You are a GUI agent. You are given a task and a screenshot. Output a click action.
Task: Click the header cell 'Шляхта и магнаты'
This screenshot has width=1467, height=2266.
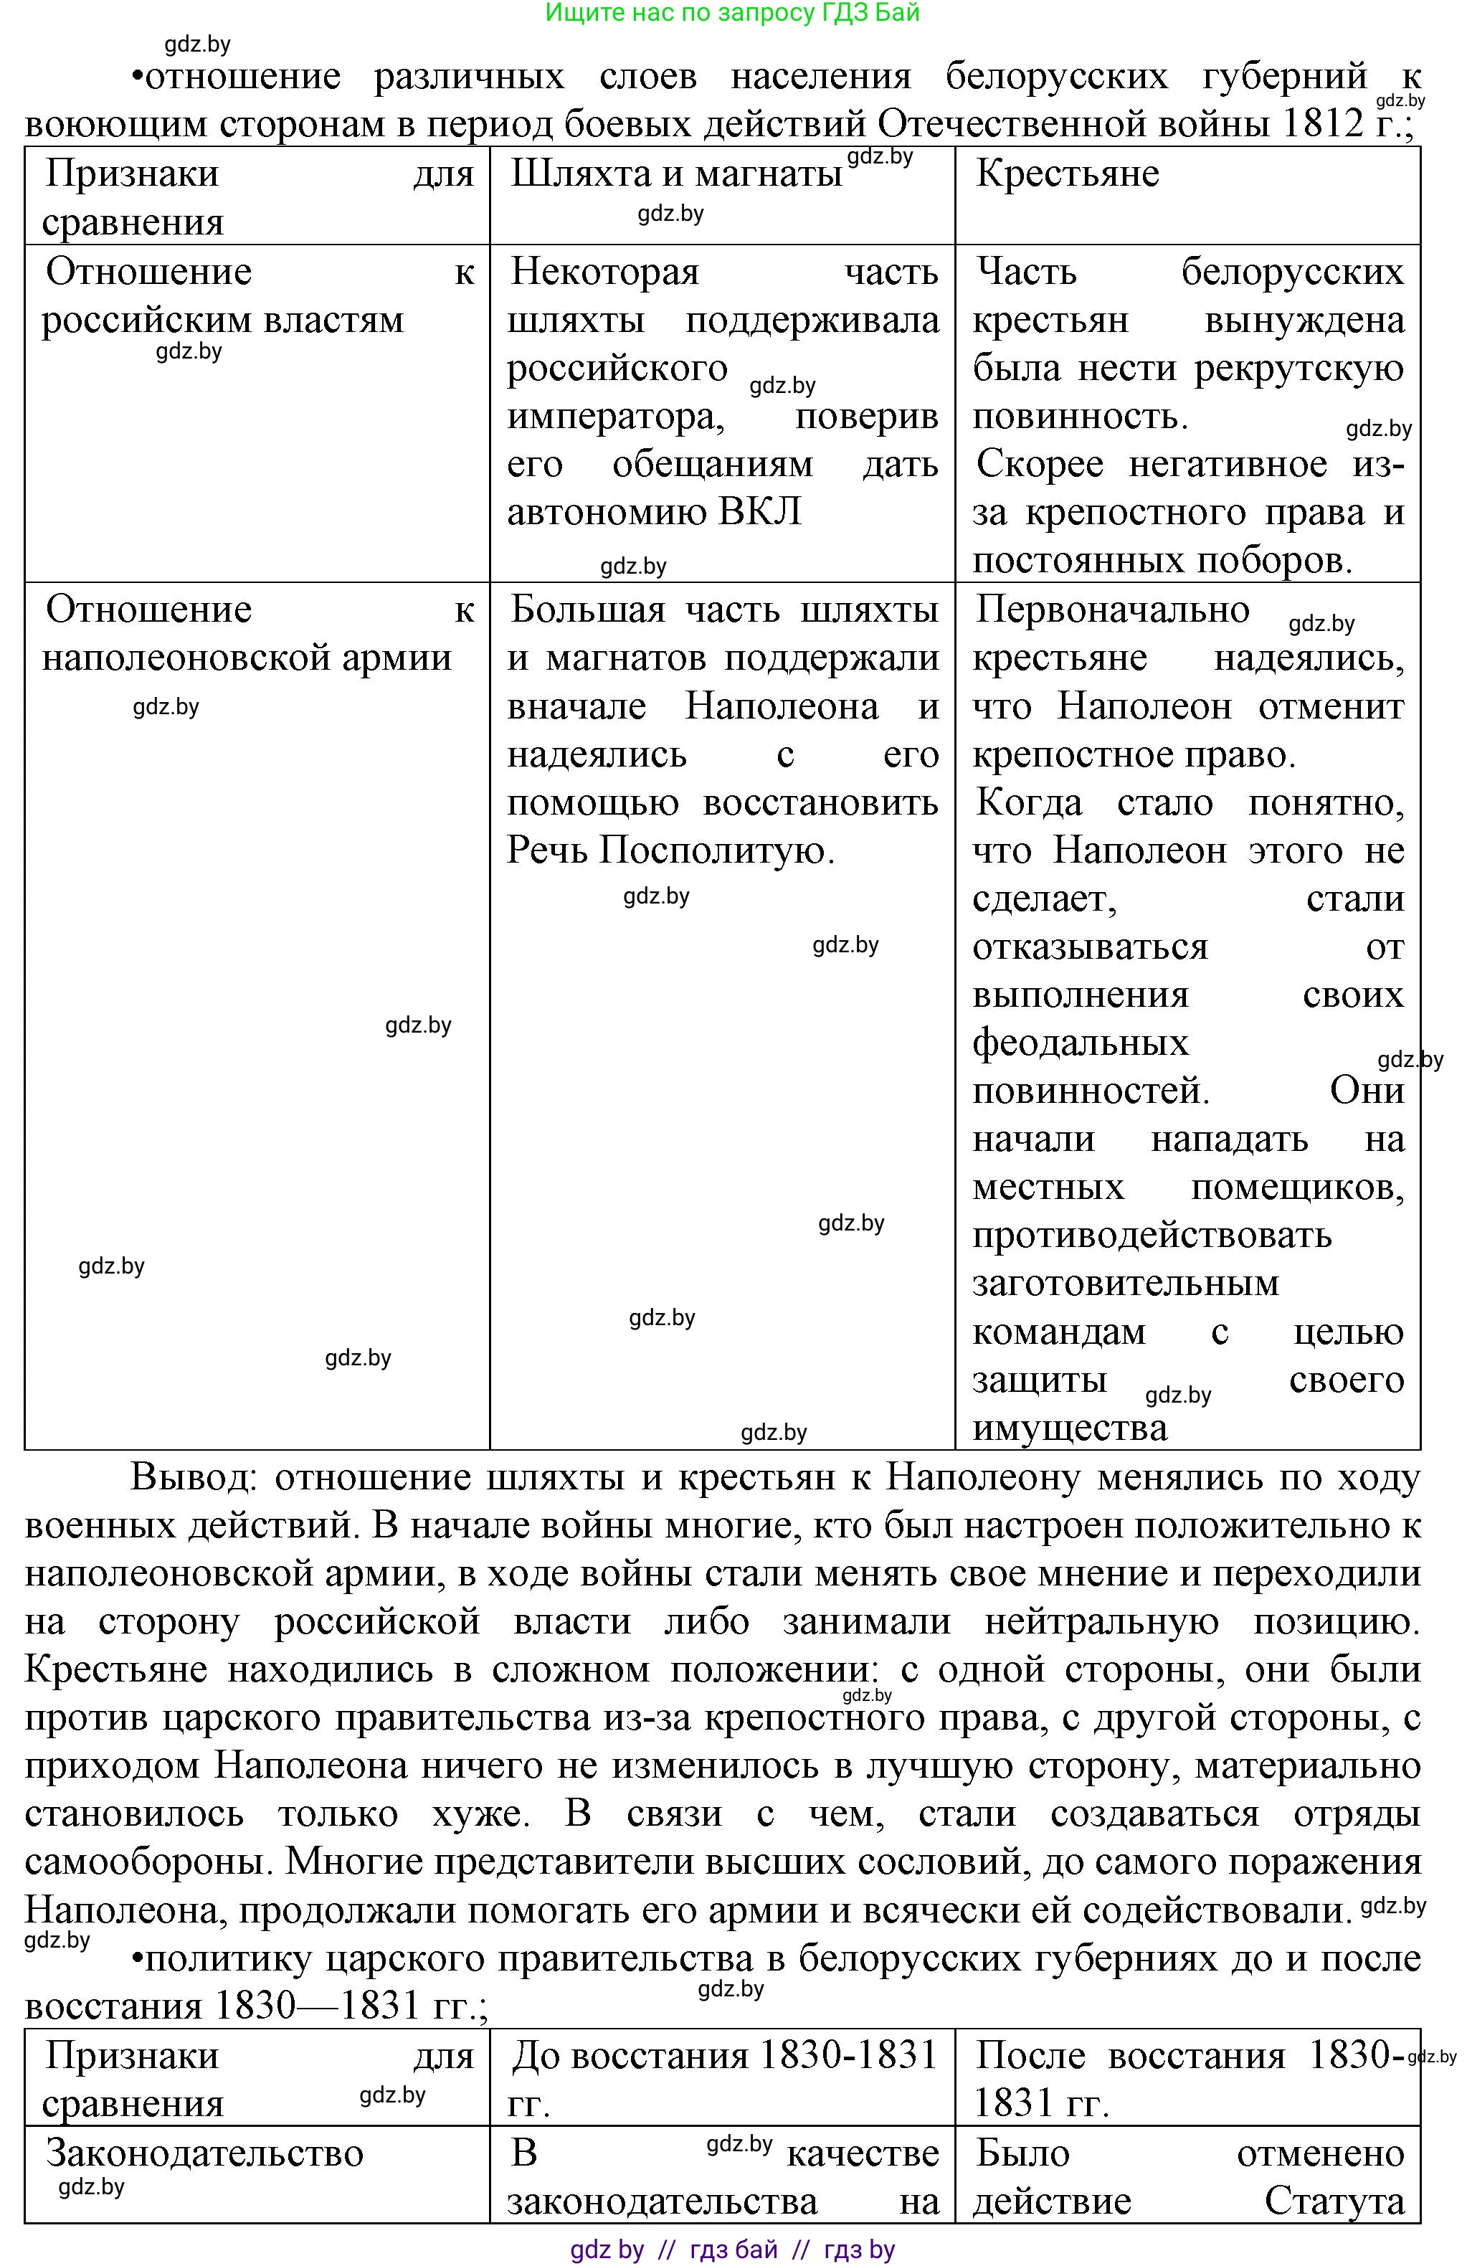(x=676, y=174)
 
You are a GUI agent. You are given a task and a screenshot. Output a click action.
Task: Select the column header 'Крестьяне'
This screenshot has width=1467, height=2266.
(x=1067, y=174)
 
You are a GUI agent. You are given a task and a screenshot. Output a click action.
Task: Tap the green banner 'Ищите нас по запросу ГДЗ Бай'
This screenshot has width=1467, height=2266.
(x=732, y=14)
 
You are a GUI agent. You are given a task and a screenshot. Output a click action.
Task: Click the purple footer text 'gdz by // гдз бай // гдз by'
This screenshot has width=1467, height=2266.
(x=732, y=2250)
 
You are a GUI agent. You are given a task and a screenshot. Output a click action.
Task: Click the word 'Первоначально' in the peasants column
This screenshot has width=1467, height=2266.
(x=1112, y=610)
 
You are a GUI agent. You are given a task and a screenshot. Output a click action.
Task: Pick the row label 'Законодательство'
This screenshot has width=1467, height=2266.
(x=204, y=2153)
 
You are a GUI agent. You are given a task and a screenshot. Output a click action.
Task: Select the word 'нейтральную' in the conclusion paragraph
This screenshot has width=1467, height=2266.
(x=1101, y=1621)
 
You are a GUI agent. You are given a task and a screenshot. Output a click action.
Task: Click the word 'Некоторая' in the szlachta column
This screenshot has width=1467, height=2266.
(x=604, y=272)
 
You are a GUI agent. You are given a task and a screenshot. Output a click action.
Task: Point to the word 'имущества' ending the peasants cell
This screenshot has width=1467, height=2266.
(x=1069, y=1428)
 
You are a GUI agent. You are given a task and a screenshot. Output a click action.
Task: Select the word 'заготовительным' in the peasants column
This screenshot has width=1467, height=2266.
(x=1125, y=1284)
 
